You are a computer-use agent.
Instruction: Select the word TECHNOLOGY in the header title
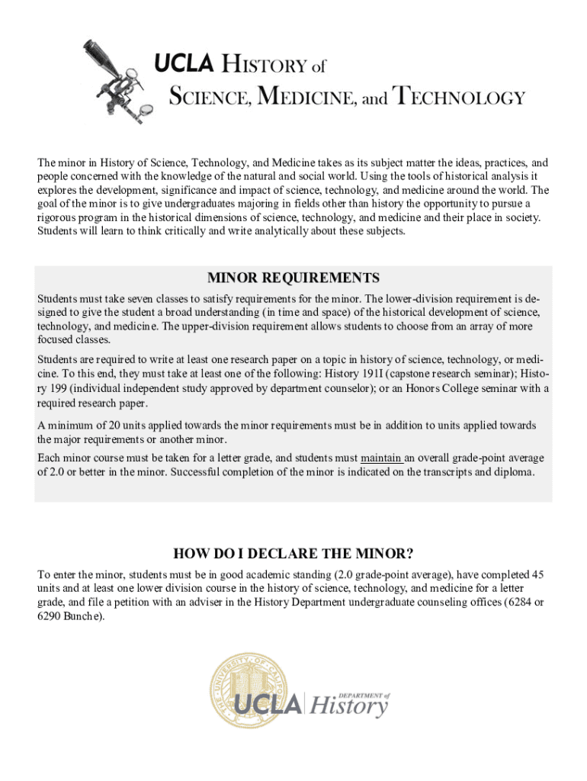tap(458, 98)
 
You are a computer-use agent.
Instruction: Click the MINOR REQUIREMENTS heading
tap(293, 277)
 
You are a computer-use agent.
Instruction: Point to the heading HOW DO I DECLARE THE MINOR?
tap(293, 553)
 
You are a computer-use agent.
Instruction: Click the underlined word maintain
tap(380, 458)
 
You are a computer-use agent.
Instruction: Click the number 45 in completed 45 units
tap(536, 574)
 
